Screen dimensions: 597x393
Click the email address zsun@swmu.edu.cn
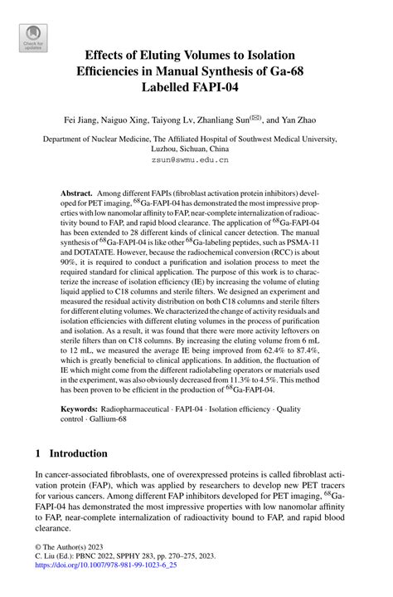tap(196, 158)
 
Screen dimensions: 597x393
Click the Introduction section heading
tap(78, 454)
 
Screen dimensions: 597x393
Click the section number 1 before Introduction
tap(38, 454)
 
